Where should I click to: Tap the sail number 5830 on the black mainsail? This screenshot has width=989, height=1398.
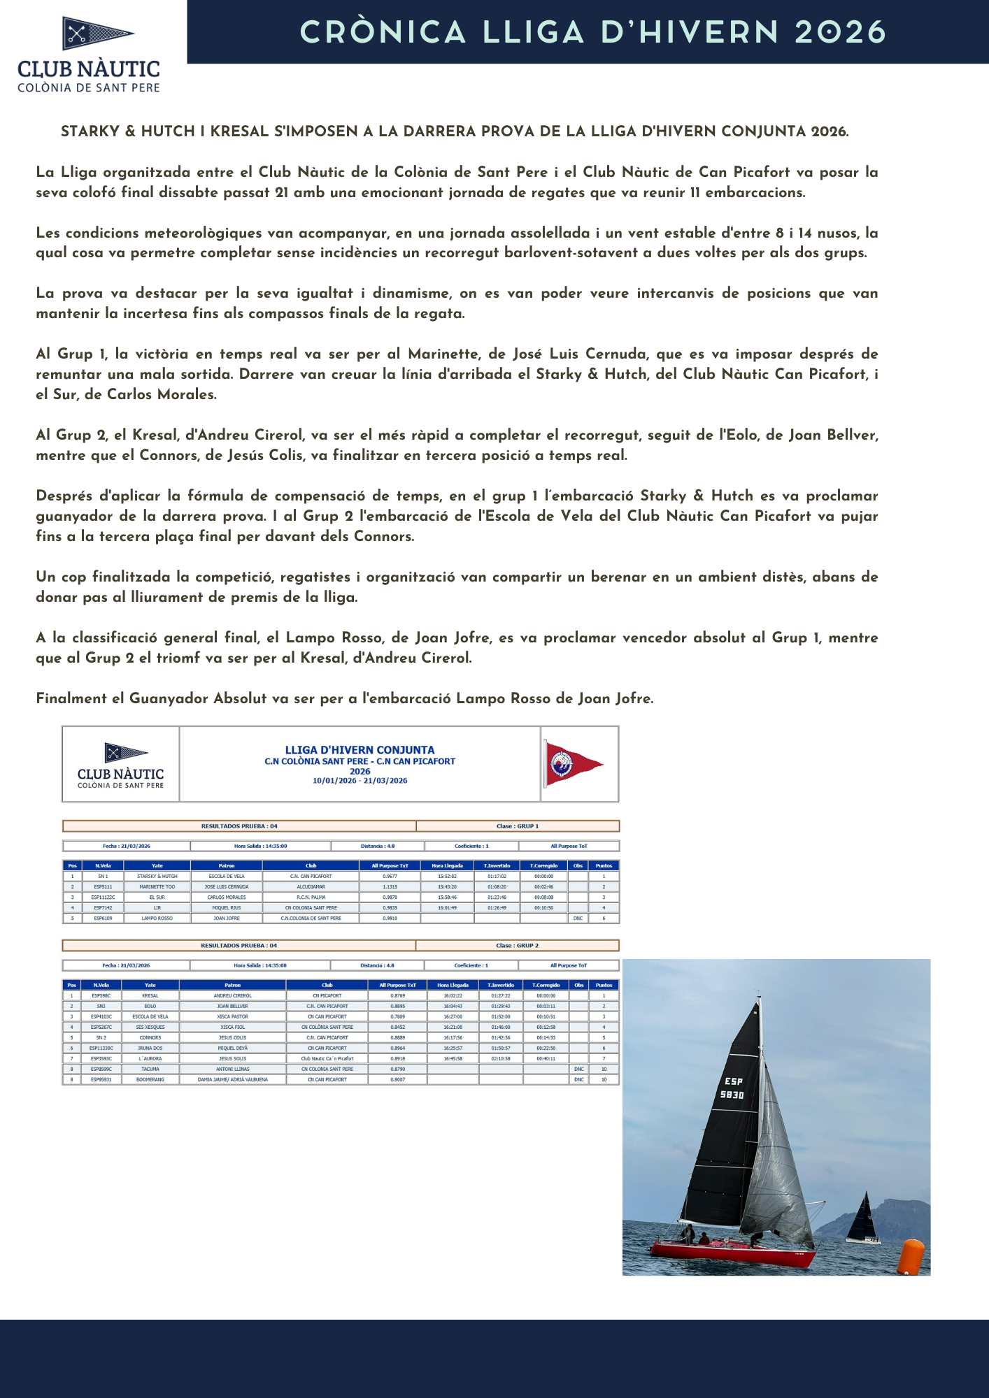pyautogui.click(x=732, y=1095)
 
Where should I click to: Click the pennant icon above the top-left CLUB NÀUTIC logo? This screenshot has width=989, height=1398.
pyautogui.click(x=97, y=33)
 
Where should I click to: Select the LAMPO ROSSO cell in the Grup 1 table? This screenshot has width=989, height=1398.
pyautogui.click(x=157, y=918)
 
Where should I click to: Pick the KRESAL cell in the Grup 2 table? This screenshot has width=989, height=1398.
pyautogui.click(x=150, y=995)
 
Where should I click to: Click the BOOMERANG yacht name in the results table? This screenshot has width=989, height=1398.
pyautogui.click(x=150, y=1079)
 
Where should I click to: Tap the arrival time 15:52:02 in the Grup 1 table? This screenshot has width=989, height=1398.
pyautogui.click(x=447, y=876)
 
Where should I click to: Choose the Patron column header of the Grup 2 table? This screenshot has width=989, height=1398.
pyautogui.click(x=232, y=985)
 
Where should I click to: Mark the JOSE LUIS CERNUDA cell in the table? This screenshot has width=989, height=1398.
pyautogui.click(x=226, y=886)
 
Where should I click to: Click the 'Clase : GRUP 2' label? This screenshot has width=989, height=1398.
pyautogui.click(x=517, y=945)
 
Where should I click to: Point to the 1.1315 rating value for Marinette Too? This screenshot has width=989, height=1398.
pyautogui.click(x=390, y=886)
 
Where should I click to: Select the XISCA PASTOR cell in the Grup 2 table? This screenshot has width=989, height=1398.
pyautogui.click(x=232, y=1016)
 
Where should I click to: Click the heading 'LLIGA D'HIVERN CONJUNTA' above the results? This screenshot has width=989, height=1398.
pyautogui.click(x=360, y=749)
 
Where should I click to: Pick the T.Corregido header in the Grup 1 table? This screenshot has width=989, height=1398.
pyautogui.click(x=543, y=865)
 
